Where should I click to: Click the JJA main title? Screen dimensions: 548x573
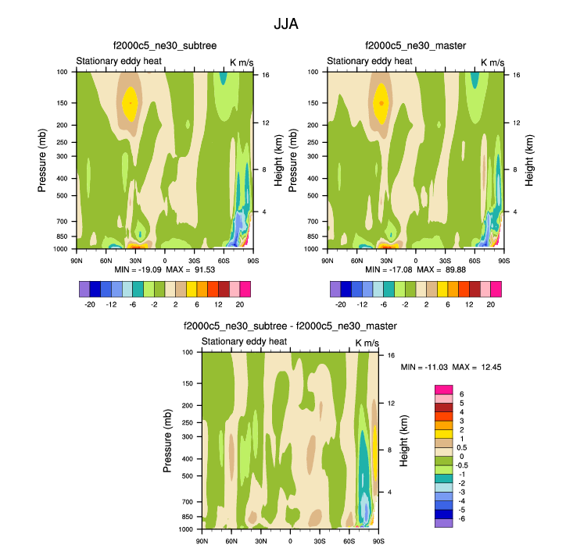pos(285,23)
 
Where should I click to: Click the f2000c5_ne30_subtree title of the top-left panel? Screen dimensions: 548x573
pos(165,46)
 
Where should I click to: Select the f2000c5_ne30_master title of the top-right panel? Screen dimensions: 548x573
pos(415,46)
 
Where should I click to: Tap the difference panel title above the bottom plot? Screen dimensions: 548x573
pos(290,326)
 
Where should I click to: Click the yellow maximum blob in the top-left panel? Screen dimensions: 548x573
pos(130,103)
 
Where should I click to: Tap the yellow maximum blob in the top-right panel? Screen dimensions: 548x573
pos(381,103)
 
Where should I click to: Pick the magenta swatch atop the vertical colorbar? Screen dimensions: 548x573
pos(443,390)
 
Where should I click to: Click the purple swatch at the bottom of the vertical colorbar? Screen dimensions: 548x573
pos(443,523)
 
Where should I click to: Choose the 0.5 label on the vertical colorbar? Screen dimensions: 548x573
pos(462,447)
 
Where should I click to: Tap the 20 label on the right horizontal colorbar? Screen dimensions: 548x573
pos(490,304)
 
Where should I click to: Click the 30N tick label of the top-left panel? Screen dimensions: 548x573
pos(135,260)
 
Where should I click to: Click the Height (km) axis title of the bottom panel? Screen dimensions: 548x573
pos(404,441)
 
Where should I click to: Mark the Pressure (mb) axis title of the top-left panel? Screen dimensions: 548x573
pos(43,161)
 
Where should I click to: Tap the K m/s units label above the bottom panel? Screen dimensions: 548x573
pos(367,343)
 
